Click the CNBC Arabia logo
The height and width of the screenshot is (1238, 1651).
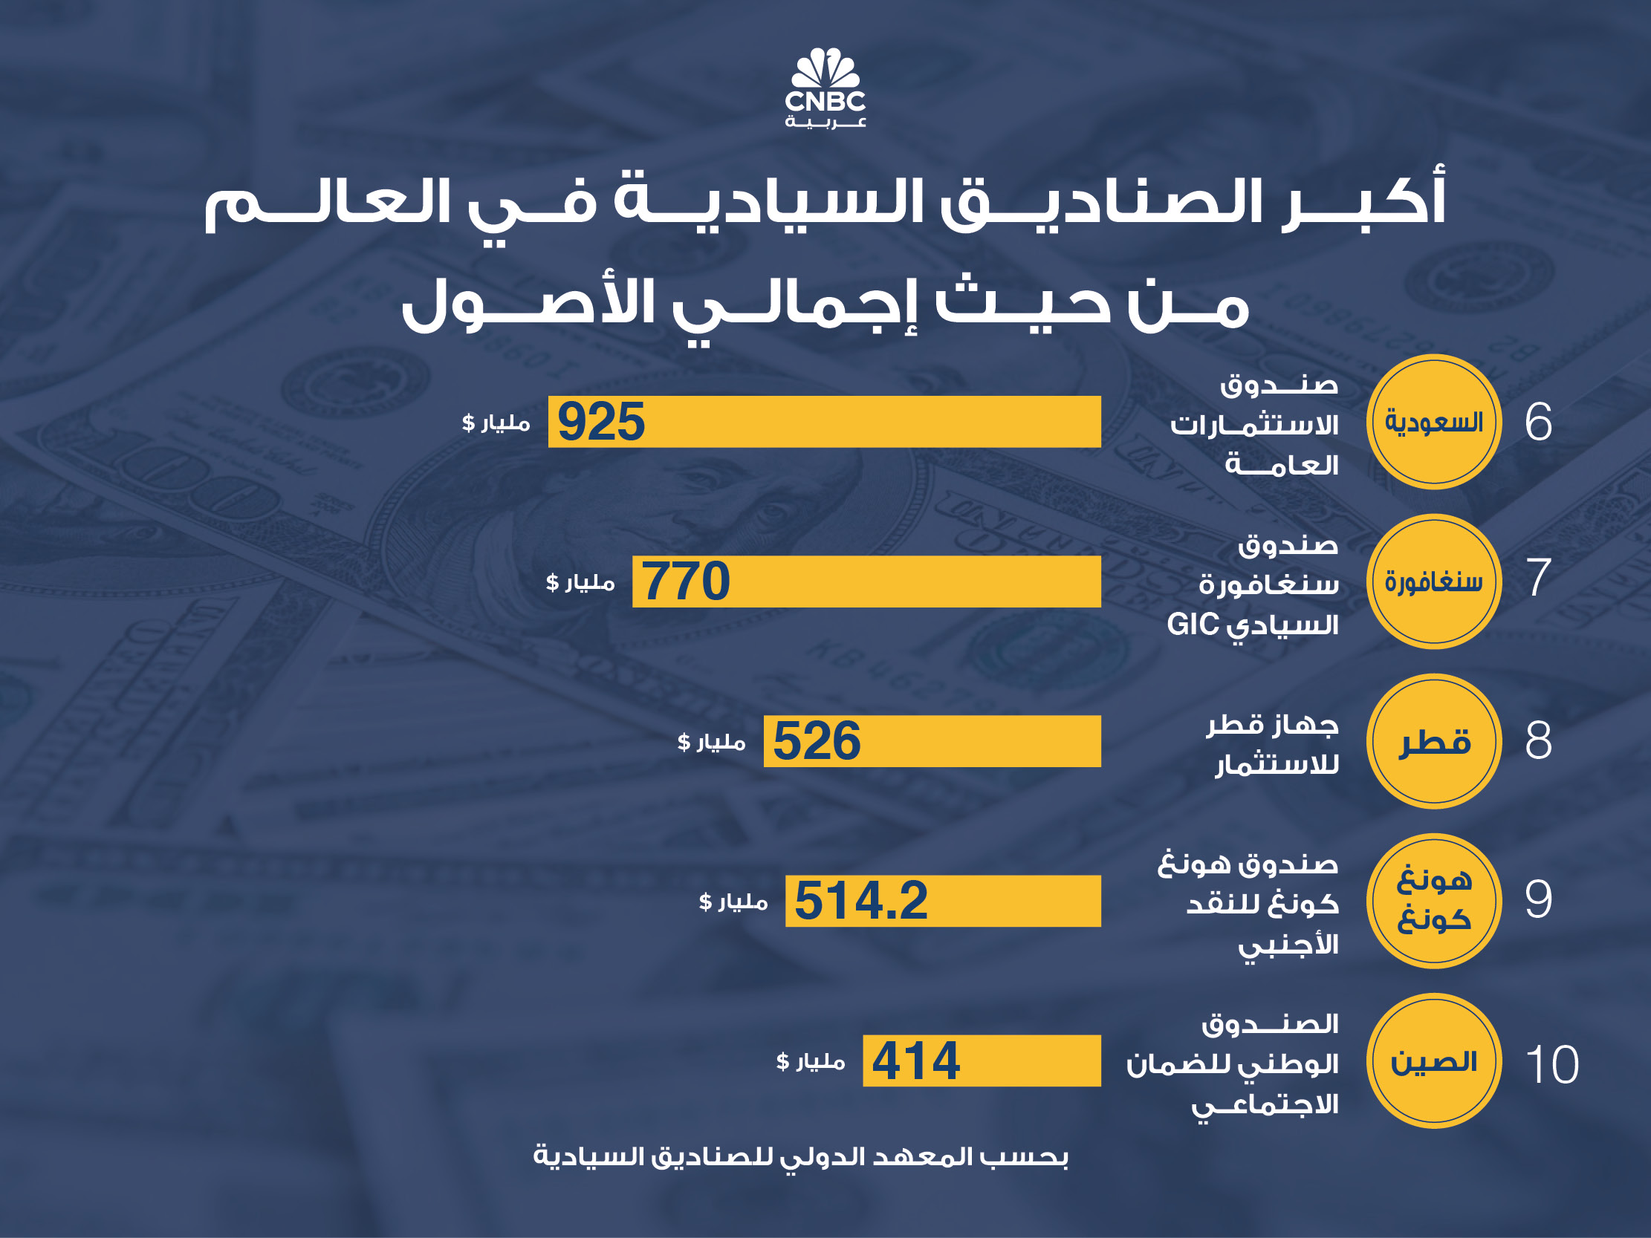825,88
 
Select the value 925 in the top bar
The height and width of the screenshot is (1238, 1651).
601,423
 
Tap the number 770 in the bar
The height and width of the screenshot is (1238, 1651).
685,581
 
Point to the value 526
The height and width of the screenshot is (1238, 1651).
817,741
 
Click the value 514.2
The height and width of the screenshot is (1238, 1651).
860,901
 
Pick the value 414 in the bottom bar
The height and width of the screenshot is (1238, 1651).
916,1061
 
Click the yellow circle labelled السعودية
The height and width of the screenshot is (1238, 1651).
1434,423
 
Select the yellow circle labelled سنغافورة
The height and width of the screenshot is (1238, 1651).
1434,581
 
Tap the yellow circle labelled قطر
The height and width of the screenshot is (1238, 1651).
1434,741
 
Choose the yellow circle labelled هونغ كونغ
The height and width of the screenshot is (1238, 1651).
1434,901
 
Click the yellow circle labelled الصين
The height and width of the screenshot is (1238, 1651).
1434,1061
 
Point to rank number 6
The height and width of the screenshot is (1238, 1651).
1538,423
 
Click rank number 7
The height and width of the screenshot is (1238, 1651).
1538,578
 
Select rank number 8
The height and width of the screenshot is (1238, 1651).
1538,741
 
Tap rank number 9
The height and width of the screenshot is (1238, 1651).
1538,899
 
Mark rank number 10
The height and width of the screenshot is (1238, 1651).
1551,1064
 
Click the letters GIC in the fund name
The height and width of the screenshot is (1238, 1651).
1193,625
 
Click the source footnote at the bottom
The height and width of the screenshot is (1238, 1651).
800,1157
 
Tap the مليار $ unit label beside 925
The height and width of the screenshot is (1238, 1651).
496,423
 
